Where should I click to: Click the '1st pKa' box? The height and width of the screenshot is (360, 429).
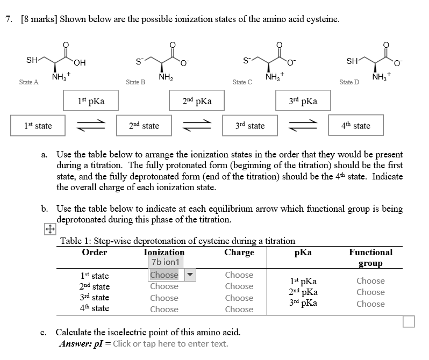(91, 100)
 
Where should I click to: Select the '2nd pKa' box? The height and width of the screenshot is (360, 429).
(197, 100)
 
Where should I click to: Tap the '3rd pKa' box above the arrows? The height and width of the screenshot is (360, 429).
(303, 100)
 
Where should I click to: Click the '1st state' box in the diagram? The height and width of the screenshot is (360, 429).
(38, 126)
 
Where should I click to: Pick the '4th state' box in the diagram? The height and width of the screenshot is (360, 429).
(356, 126)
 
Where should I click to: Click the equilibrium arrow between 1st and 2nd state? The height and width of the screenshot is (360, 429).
(91, 126)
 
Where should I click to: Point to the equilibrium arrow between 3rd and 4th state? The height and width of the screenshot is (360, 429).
(303, 126)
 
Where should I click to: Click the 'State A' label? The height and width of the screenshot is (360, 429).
(28, 82)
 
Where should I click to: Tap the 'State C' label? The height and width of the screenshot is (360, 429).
(242, 82)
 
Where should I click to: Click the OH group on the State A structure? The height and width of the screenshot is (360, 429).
(80, 63)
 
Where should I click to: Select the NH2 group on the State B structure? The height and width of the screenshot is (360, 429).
(166, 77)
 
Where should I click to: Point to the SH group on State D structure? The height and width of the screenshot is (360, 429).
(352, 61)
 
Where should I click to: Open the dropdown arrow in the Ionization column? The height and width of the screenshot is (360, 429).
(190, 275)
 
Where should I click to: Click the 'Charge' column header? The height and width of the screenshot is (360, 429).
(239, 252)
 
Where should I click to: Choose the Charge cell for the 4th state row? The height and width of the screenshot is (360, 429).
(239, 309)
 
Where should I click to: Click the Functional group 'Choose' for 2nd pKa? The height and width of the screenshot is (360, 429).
(371, 292)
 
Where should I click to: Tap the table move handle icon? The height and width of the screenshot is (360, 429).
(50, 229)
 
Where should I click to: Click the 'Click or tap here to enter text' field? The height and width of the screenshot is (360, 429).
(170, 343)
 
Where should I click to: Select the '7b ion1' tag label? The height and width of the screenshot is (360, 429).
(166, 262)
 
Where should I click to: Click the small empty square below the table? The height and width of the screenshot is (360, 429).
(409, 321)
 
